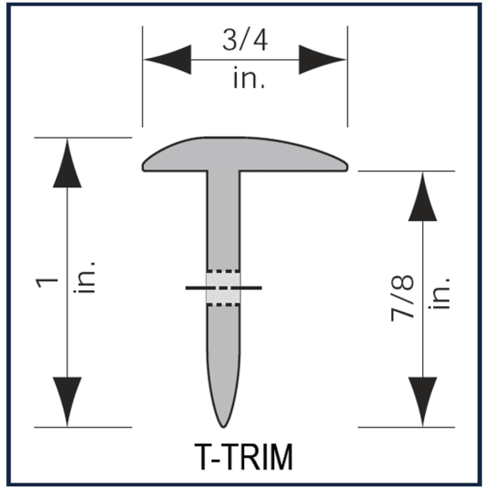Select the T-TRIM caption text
243,456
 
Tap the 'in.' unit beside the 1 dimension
87,281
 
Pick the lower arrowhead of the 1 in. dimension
68,401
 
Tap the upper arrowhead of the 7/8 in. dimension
421,196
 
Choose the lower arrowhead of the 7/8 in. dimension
421,401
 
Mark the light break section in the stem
223,287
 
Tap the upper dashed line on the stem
223,271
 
